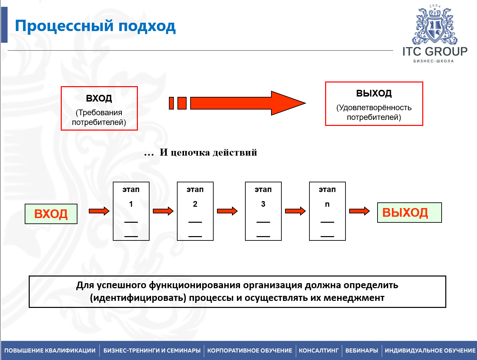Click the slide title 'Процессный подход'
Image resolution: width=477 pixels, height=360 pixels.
[x=95, y=26]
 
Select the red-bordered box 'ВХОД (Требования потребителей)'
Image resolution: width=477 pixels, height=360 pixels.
[x=99, y=108]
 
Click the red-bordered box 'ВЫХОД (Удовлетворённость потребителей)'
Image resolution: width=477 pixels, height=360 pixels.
[x=374, y=104]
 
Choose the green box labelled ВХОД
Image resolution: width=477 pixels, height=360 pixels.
[x=51, y=214]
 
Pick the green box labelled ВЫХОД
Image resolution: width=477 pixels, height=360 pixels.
[x=409, y=212]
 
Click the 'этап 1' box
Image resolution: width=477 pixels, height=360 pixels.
[x=131, y=211]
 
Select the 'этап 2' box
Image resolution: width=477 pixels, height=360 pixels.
[x=195, y=211]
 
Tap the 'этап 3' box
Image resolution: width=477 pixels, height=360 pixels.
[x=263, y=211]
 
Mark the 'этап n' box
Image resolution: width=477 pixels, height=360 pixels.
[x=327, y=211]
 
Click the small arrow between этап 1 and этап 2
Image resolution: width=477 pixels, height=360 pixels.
[x=163, y=211]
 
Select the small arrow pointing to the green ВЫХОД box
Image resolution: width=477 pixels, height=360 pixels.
[x=360, y=211]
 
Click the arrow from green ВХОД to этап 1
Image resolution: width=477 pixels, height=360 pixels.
[x=99, y=211]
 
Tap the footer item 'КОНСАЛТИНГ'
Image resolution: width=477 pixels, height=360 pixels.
[x=318, y=351]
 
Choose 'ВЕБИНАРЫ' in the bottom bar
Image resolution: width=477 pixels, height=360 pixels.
[x=362, y=351]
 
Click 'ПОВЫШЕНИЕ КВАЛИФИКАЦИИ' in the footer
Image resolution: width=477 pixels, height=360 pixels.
[x=50, y=351]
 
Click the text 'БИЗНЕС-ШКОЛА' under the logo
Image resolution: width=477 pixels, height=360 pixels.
[x=434, y=61]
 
